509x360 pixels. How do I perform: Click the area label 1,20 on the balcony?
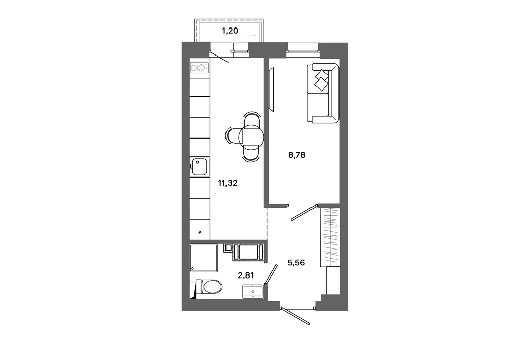click(x=230, y=31)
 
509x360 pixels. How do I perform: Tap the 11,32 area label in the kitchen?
click(x=228, y=183)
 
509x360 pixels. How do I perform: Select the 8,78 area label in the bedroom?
click(x=297, y=155)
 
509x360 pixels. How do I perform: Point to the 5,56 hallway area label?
click(x=296, y=262)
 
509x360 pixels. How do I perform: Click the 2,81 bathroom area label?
click(x=246, y=275)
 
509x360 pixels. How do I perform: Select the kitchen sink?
click(x=200, y=167)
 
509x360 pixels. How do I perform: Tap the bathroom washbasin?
click(x=253, y=291)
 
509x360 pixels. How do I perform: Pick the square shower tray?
click(x=204, y=258)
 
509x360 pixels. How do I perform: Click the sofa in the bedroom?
click(x=323, y=93)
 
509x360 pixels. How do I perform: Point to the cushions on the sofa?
click(x=321, y=80)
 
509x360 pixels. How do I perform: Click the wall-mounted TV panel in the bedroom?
click(x=272, y=89)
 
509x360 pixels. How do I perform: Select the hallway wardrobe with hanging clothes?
click(x=329, y=237)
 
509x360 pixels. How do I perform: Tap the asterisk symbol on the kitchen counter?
click(x=200, y=232)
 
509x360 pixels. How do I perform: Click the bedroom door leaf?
click(x=304, y=213)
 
